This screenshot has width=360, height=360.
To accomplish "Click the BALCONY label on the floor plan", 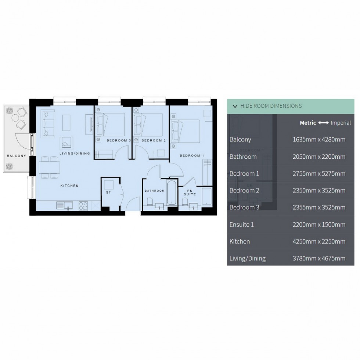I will (x=17, y=156).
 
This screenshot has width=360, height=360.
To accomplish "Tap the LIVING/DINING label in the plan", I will (x=75, y=153).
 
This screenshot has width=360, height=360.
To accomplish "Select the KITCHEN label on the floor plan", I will (x=69, y=186).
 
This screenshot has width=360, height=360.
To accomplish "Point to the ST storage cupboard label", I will (x=108, y=192).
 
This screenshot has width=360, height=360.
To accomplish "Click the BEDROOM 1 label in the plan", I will (x=191, y=156).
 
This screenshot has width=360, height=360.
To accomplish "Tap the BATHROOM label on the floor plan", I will (x=154, y=191).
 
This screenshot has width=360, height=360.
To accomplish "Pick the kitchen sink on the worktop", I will (x=65, y=206).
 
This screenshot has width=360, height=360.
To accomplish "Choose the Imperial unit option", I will (x=341, y=123).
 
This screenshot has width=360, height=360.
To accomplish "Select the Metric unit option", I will (x=307, y=123).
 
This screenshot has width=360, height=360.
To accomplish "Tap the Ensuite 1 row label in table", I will (x=241, y=224).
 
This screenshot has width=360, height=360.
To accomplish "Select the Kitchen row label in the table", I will (x=240, y=241).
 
